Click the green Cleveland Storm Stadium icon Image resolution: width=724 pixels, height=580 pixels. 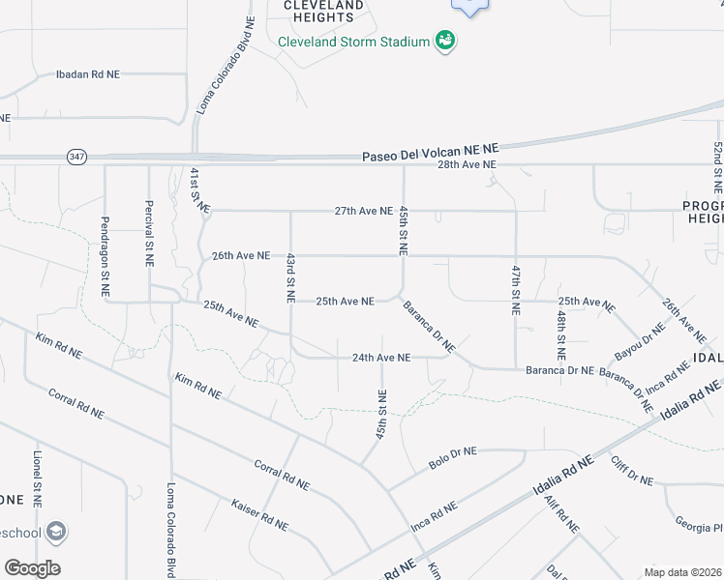(x=446, y=41)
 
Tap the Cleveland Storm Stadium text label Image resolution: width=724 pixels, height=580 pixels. (x=353, y=42)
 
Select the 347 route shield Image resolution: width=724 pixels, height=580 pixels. (x=77, y=155)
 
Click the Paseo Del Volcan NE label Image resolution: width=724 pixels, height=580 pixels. (x=430, y=153)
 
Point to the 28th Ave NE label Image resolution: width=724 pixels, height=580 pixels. (x=467, y=165)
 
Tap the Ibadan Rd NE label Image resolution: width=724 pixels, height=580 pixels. (x=87, y=73)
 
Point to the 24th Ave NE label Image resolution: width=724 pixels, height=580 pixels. (x=381, y=358)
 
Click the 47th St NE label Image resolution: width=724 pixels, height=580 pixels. (x=517, y=287)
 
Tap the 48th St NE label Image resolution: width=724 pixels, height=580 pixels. (x=560, y=329)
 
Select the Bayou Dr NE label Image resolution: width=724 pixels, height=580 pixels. (x=640, y=340)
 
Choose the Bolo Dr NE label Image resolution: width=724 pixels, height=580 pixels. (x=453, y=451)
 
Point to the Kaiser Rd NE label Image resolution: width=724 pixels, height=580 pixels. (x=259, y=515)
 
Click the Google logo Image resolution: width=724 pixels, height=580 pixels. (x=32, y=568)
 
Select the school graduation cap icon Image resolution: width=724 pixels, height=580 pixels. (x=56, y=531)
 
